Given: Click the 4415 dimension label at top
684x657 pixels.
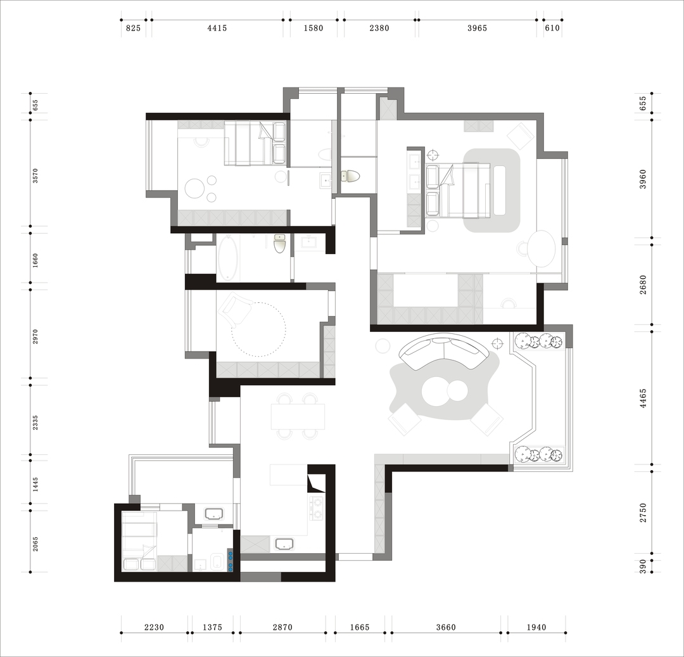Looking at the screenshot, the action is pyautogui.click(x=217, y=29).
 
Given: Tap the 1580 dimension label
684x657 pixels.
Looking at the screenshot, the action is pyautogui.click(x=313, y=29).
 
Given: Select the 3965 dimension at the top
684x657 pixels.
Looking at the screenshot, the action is pyautogui.click(x=477, y=29).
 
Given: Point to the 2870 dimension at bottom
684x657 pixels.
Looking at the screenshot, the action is pyautogui.click(x=282, y=627).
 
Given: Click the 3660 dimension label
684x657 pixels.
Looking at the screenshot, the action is pyautogui.click(x=445, y=627).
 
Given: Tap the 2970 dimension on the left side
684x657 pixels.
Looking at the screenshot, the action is pyautogui.click(x=35, y=337).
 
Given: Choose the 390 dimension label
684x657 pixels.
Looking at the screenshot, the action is pyautogui.click(x=643, y=566).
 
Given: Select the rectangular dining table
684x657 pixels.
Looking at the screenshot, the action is pyautogui.click(x=298, y=417).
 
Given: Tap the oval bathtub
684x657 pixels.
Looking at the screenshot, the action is pyautogui.click(x=228, y=258).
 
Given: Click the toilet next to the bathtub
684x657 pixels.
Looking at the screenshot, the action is pyautogui.click(x=279, y=243).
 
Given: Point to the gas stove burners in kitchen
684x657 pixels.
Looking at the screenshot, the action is pyautogui.click(x=317, y=508).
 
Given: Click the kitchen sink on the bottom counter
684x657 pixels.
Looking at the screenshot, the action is pyautogui.click(x=284, y=544).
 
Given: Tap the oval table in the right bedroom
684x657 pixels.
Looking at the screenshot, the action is pyautogui.click(x=541, y=248).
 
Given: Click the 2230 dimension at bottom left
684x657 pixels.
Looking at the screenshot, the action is pyautogui.click(x=154, y=627).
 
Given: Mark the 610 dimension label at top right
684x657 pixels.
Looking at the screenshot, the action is pyautogui.click(x=552, y=29).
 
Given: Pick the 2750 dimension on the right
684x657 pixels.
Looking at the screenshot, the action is pyautogui.click(x=643, y=513).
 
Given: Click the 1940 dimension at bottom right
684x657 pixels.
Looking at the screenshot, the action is pyautogui.click(x=536, y=627).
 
